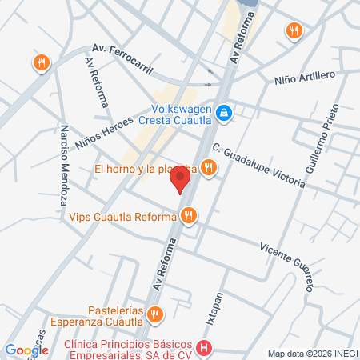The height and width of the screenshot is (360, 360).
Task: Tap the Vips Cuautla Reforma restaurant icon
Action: coord(189,214)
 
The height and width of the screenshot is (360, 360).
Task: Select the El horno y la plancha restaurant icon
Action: coord(208,167)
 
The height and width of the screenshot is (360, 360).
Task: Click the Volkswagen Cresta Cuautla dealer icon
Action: coord(225,113)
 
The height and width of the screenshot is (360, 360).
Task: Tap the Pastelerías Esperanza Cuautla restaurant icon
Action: coord(156,313)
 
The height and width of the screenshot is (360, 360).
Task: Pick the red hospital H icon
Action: coord(204,348)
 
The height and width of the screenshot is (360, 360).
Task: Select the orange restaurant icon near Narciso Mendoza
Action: coord(41,62)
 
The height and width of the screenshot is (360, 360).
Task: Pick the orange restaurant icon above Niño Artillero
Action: coord(294,30)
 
